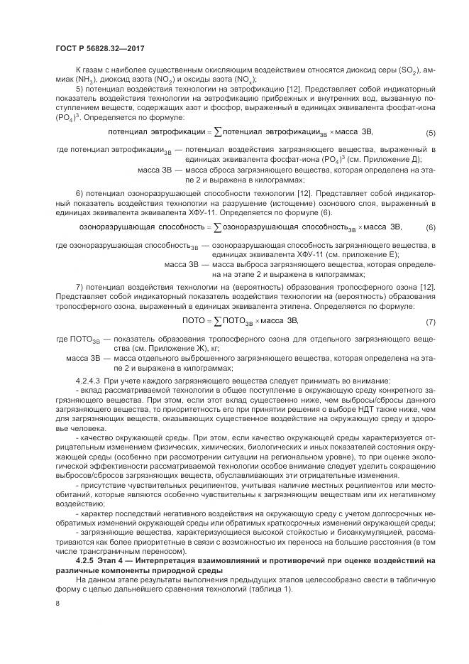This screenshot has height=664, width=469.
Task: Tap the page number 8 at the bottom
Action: (57, 604)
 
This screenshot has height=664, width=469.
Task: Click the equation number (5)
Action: (431, 133)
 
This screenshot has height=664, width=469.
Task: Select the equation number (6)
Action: (431, 227)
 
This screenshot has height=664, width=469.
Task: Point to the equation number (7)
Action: (431, 322)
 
